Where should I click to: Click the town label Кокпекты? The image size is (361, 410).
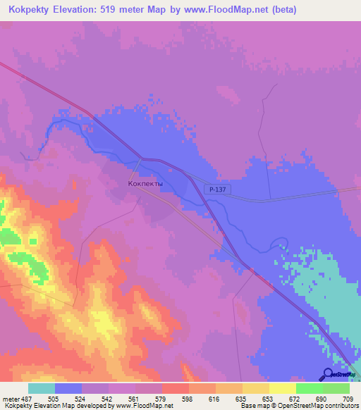145,184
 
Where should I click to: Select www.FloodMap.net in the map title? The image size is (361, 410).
225,10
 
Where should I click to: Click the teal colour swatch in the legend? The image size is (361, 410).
42,387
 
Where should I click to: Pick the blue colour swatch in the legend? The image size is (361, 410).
68,387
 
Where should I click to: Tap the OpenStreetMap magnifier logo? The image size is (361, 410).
328,374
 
